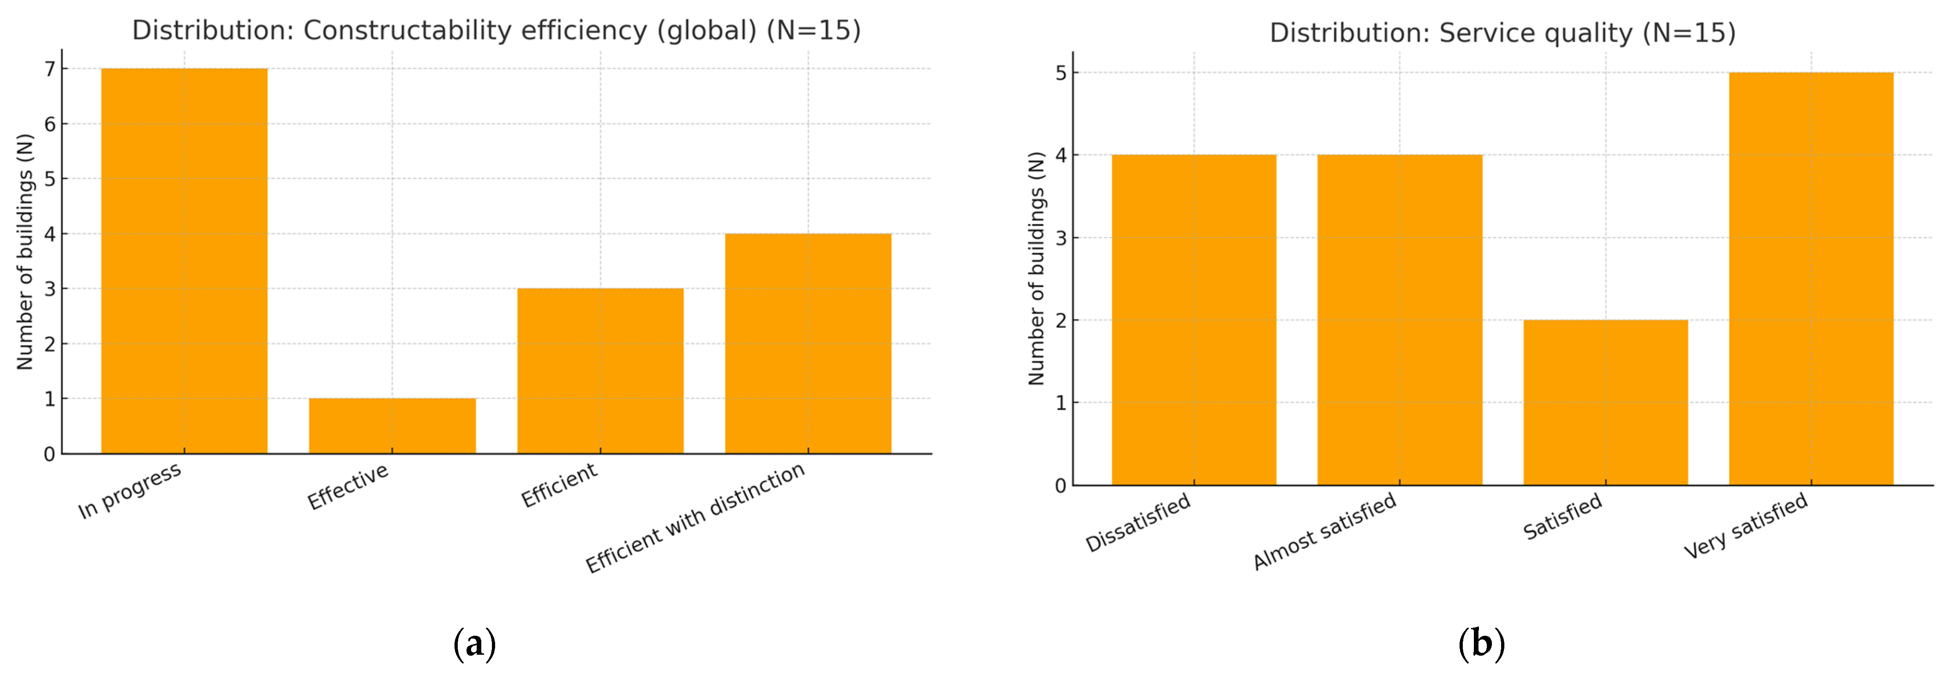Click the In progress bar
point(184,261)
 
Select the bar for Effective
point(392,426)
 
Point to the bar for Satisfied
point(1606,402)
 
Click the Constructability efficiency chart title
point(496,31)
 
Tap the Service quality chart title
point(1503,32)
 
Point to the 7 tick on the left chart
point(50,69)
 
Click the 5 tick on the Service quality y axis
point(1060,73)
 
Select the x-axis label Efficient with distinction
point(695,517)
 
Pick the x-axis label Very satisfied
point(1746,525)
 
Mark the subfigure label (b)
point(1481,644)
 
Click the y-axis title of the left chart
point(25,252)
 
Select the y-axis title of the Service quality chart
point(1036,268)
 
